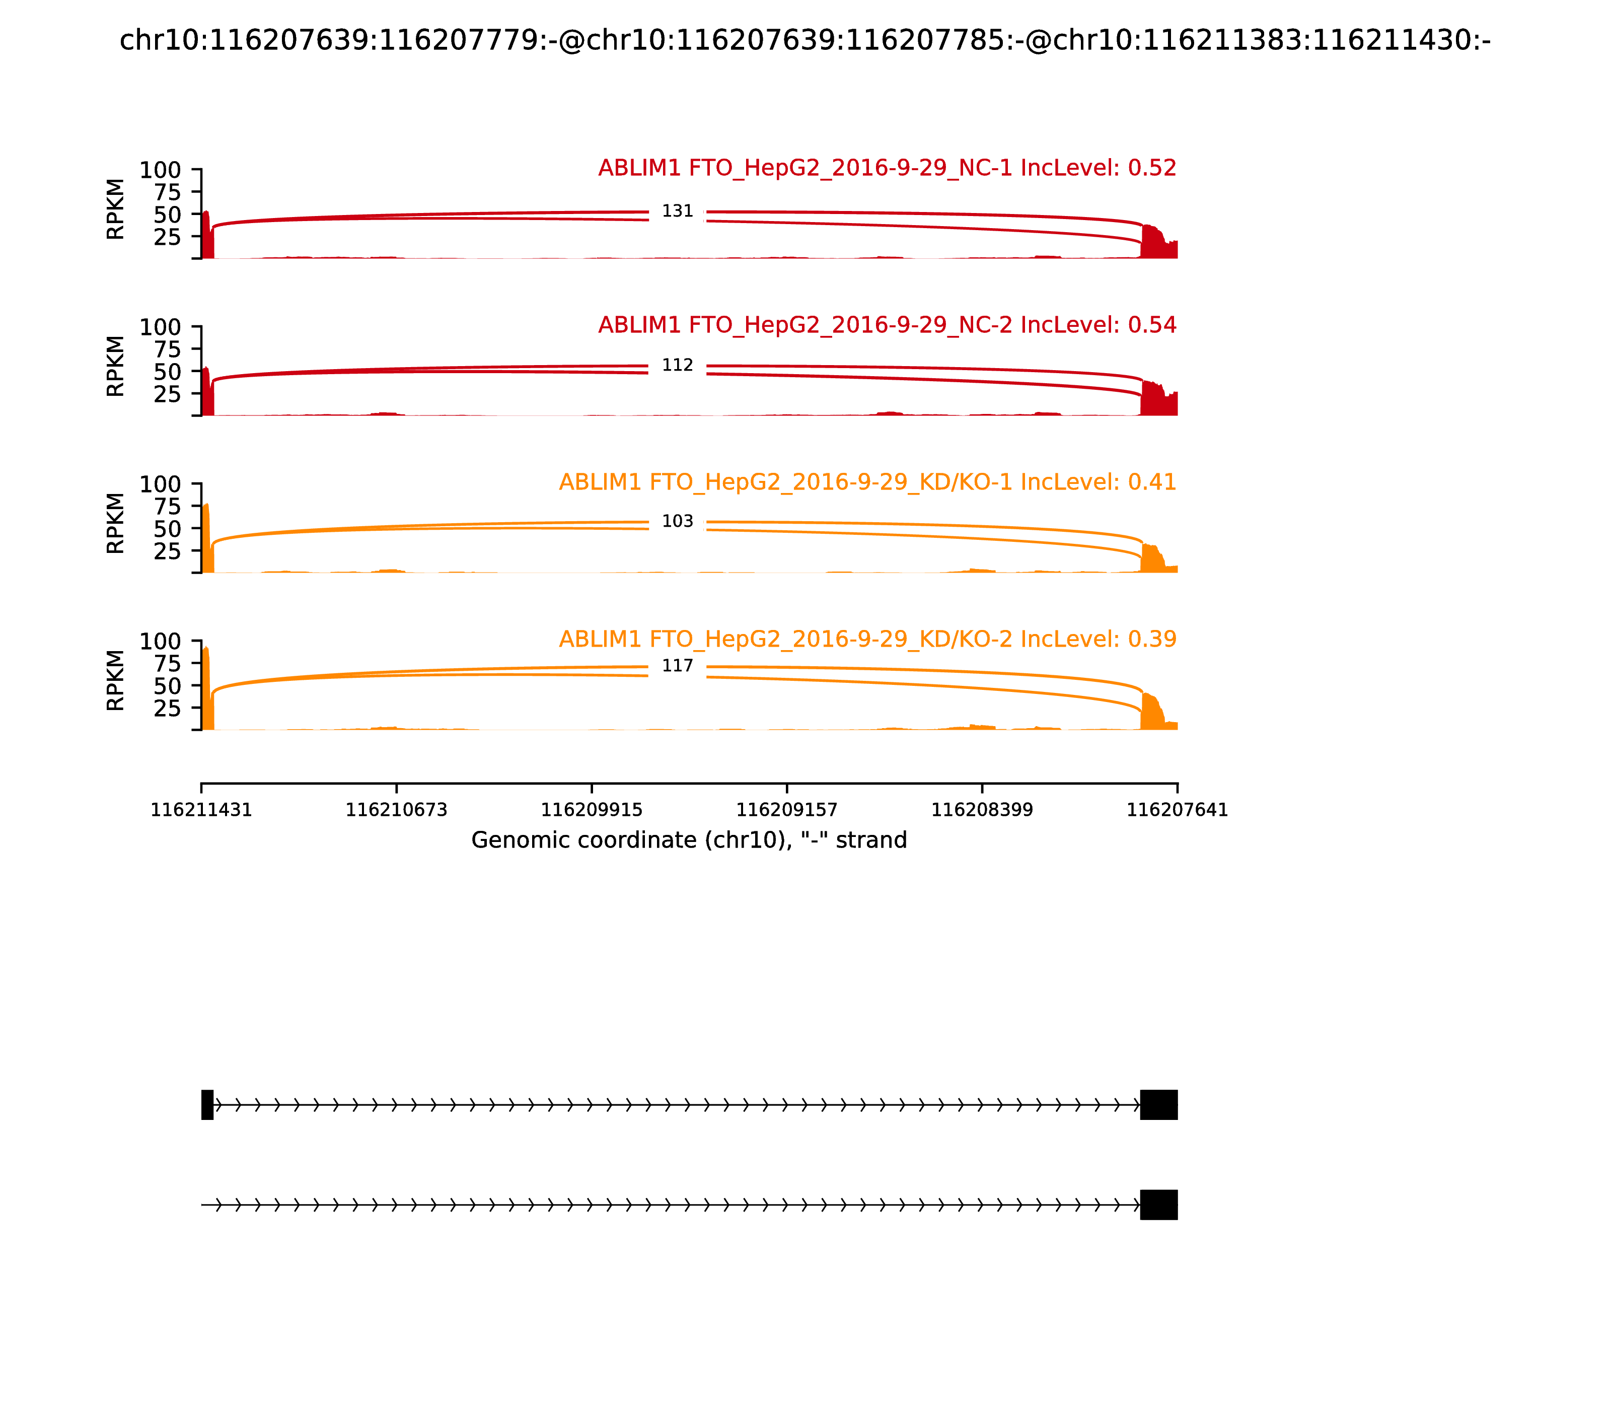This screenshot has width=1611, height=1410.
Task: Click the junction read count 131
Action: pyautogui.click(x=677, y=211)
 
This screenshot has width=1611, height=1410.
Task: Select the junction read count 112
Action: pyautogui.click(x=677, y=365)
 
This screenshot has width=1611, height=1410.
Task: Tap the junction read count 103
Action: pyautogui.click(x=677, y=522)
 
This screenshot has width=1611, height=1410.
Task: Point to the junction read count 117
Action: pyautogui.click(x=677, y=666)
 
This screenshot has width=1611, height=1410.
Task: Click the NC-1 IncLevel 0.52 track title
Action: pyautogui.click(x=887, y=168)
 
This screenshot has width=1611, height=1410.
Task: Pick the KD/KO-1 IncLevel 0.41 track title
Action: pyautogui.click(x=867, y=482)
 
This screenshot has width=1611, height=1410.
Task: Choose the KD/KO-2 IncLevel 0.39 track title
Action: pyautogui.click(x=867, y=639)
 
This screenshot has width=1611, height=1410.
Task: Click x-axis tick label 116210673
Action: pyautogui.click(x=397, y=810)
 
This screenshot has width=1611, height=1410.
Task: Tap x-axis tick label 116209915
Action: pyautogui.click(x=592, y=810)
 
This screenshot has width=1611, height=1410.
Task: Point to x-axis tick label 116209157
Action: pyautogui.click(x=786, y=810)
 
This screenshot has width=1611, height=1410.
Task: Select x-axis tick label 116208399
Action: pyautogui.click(x=982, y=810)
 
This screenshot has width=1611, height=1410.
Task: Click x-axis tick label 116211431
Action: pyautogui.click(x=201, y=810)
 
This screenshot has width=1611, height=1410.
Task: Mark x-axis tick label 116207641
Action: pyautogui.click(x=1177, y=810)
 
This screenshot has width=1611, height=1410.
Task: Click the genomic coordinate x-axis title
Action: pyautogui.click(x=689, y=840)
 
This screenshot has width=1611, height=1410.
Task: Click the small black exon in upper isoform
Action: pyautogui.click(x=207, y=1105)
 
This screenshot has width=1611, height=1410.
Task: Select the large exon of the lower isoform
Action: pyautogui.click(x=1159, y=1205)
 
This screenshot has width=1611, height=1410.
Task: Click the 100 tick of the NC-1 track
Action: pyautogui.click(x=161, y=170)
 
